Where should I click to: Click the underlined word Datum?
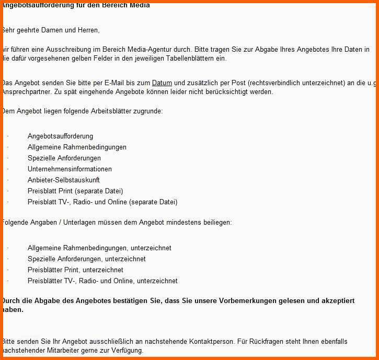(162, 83)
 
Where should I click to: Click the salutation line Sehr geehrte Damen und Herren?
(51, 30)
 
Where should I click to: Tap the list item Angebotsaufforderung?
(60, 136)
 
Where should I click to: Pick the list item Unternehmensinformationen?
(70, 169)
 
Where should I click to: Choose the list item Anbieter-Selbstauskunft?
(63, 180)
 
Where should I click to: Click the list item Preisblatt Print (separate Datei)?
(75, 191)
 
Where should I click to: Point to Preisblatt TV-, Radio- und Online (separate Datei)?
(102, 202)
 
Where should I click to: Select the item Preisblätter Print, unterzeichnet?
(75, 270)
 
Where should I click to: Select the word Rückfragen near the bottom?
(265, 342)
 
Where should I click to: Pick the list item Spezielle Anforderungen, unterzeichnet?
(87, 259)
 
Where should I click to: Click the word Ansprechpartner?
(22, 92)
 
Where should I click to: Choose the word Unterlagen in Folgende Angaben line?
(81, 223)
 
